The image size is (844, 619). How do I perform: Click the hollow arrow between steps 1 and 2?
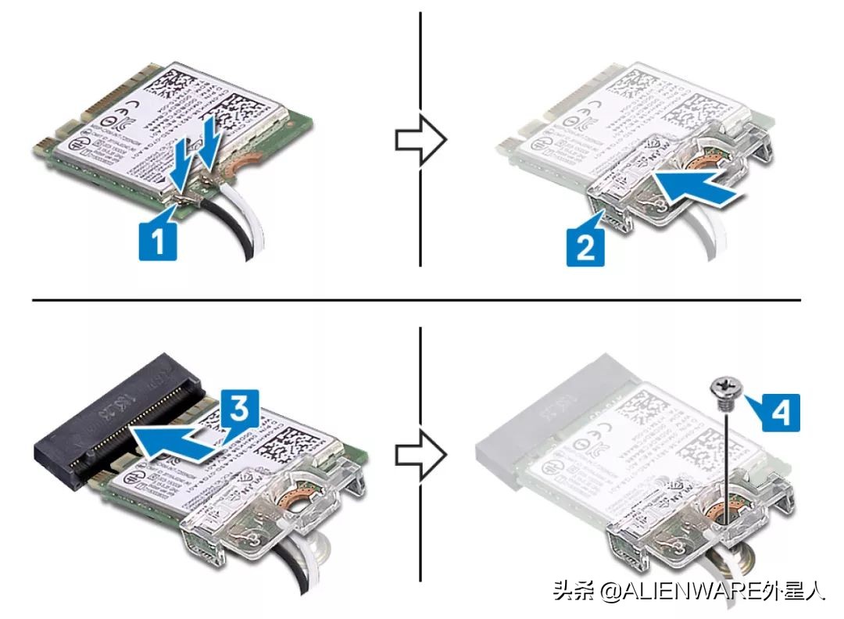(420, 141)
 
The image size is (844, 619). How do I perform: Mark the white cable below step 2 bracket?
(707, 242)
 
